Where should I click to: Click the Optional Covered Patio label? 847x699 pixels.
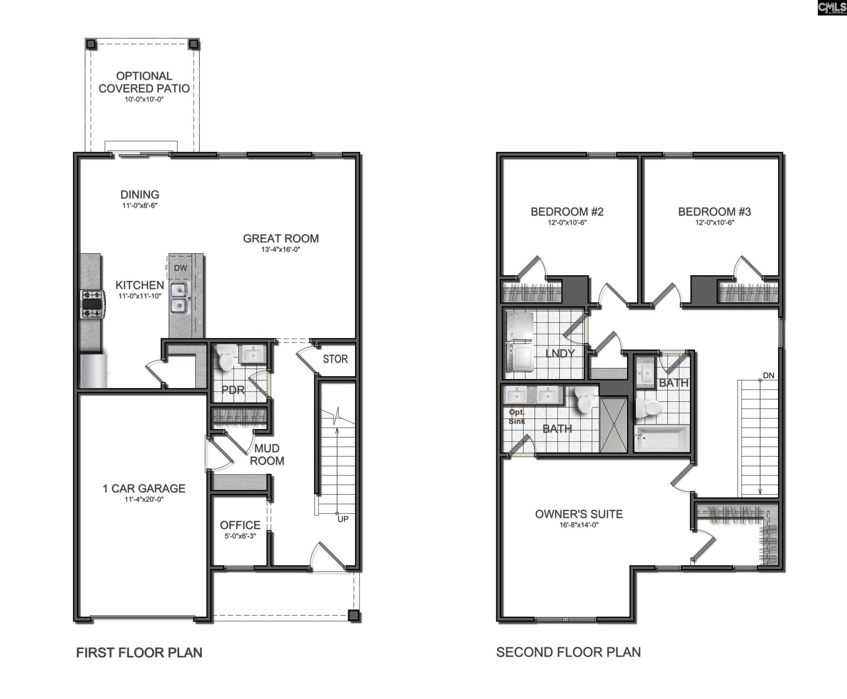[x=144, y=82]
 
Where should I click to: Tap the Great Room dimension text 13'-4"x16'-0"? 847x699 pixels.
[x=281, y=250]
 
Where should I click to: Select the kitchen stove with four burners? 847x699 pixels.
[x=92, y=304]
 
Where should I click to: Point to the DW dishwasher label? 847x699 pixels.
[x=180, y=268]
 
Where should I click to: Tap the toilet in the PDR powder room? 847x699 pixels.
[x=225, y=358]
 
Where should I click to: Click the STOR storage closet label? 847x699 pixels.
[x=335, y=359]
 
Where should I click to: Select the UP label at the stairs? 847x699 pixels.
[x=343, y=519]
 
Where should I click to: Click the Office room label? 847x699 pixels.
[x=240, y=525]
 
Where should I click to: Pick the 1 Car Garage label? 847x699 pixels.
[x=144, y=488]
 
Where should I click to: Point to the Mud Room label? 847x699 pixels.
[x=266, y=455]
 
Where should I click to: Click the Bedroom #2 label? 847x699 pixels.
[x=567, y=212]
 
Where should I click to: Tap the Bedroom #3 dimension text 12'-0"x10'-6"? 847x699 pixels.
[x=714, y=223]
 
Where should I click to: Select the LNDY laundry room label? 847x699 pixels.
[x=560, y=353]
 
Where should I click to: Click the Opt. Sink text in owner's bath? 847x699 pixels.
[x=517, y=416]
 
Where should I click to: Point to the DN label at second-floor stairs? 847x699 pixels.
[x=768, y=376]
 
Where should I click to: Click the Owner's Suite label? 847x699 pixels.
[x=579, y=514]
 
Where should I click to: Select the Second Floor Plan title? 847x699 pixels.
[x=568, y=652]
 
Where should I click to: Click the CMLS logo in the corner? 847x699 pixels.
[x=832, y=7]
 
